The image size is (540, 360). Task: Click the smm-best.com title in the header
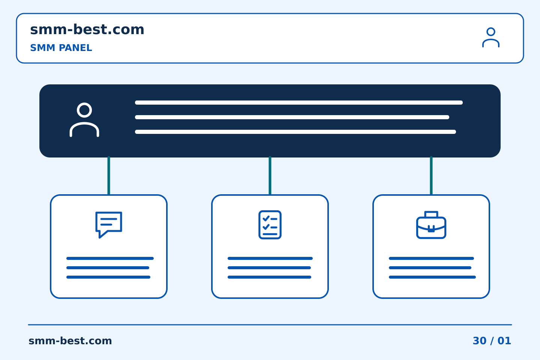point(87,30)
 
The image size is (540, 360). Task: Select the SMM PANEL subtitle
point(61,48)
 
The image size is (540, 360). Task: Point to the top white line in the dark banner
point(298,102)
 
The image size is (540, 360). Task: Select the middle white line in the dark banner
point(292,117)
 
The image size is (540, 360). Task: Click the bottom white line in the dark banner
point(295,132)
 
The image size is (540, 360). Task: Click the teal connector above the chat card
point(109,175)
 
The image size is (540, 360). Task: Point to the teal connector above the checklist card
point(270,175)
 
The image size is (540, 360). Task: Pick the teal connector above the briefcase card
point(431,175)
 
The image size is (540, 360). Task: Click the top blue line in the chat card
point(110,258)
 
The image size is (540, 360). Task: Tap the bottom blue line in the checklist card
point(269,277)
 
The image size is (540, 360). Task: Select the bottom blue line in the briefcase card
point(432,277)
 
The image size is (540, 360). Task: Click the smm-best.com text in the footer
point(70,341)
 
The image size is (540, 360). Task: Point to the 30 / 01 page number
point(492,341)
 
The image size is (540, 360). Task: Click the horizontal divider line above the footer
point(270,325)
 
